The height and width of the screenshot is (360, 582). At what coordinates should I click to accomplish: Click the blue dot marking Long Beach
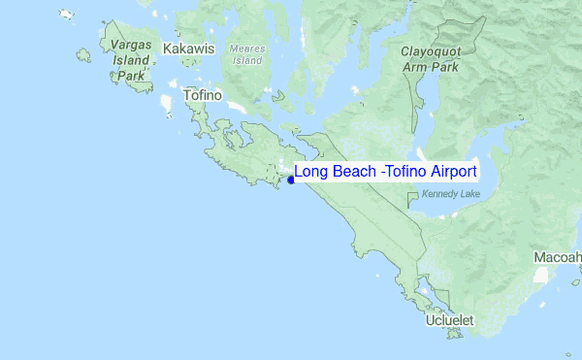[x=291, y=180]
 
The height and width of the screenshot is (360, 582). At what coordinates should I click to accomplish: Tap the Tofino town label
[x=203, y=96]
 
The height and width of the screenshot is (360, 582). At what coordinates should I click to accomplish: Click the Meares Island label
[x=246, y=54]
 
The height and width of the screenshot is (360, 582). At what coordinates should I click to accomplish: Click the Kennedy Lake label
[x=452, y=195]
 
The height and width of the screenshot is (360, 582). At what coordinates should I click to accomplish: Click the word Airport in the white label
[x=450, y=172]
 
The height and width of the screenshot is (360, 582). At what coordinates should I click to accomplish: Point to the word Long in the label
[x=311, y=172]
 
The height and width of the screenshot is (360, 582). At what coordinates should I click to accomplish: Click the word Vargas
[x=131, y=46]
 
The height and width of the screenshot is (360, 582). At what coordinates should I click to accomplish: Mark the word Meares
[x=246, y=49]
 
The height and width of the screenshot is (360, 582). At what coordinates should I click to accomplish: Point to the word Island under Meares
[x=246, y=60]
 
